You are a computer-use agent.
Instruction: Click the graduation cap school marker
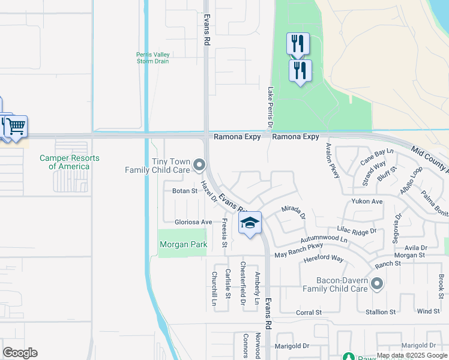pyautogui.click(x=250, y=223)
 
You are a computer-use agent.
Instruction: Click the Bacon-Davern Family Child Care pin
pyautogui.click(x=376, y=283)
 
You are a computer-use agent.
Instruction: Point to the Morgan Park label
pyautogui.click(x=183, y=244)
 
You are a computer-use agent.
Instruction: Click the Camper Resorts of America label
pyautogui.click(x=70, y=162)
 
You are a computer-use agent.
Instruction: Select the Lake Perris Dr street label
pyautogui.click(x=270, y=108)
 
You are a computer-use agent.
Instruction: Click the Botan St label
pyautogui.click(x=185, y=191)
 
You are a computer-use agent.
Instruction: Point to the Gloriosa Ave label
pyautogui.click(x=193, y=222)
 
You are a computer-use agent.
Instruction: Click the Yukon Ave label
pyautogui.click(x=367, y=202)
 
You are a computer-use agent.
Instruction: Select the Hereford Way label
pyautogui.click(x=324, y=259)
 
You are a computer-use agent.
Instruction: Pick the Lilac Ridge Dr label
pyautogui.click(x=357, y=230)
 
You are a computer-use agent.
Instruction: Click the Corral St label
pyautogui.click(x=309, y=313)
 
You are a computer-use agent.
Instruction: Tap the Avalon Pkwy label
pyautogui.click(x=333, y=160)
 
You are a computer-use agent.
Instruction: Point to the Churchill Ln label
pyautogui.click(x=214, y=289)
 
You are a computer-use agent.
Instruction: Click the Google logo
pyautogui.click(x=20, y=353)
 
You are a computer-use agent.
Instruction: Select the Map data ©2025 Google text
pyautogui.click(x=411, y=355)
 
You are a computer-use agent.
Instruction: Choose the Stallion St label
pyautogui.click(x=381, y=312)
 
